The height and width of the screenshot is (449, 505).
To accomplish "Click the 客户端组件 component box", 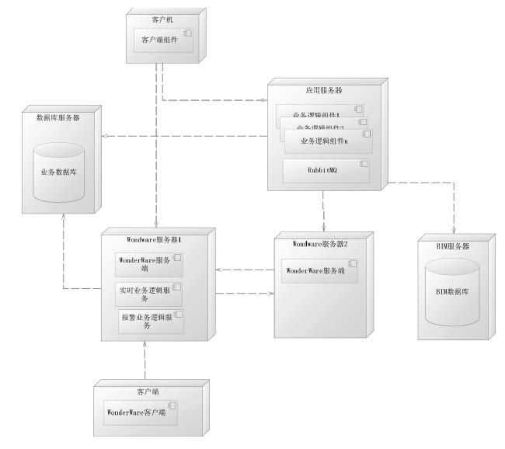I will click(x=162, y=40).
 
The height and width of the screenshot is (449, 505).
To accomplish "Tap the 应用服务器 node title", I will click(x=324, y=91).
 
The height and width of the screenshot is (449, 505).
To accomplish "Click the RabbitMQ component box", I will click(x=326, y=171).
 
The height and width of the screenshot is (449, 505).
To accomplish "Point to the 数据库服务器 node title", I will click(x=58, y=118).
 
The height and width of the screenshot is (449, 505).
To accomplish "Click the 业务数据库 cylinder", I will click(x=58, y=172).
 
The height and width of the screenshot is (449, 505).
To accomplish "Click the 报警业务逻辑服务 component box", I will click(x=151, y=321).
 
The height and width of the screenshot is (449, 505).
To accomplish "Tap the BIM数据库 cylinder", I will click(x=453, y=292).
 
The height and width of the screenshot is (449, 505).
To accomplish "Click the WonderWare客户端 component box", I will click(x=141, y=412).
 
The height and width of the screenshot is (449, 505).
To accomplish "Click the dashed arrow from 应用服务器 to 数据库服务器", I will click(x=186, y=137).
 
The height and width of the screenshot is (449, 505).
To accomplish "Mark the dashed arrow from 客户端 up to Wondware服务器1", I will click(x=145, y=361).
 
